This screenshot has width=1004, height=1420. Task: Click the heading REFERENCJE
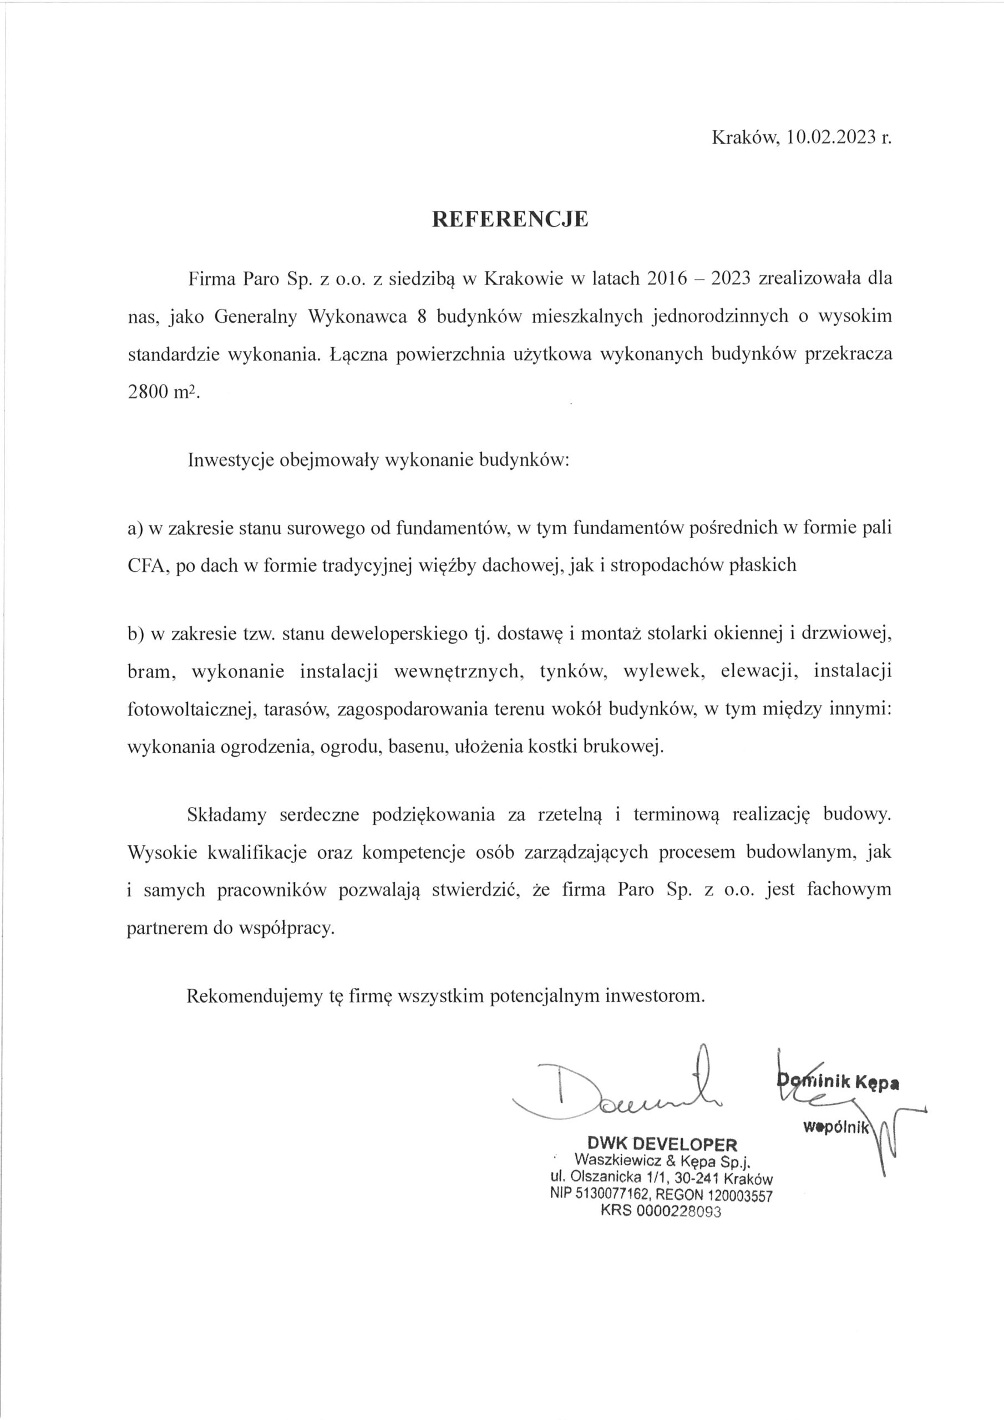[510, 220]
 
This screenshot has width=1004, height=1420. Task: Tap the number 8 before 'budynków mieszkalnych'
[423, 316]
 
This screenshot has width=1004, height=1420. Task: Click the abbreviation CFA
[145, 565]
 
